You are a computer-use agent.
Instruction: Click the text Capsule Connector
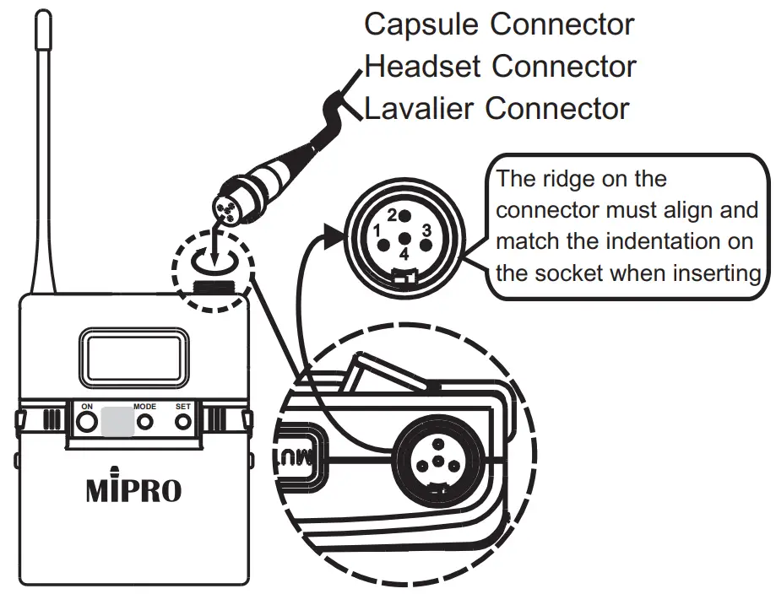pyautogui.click(x=498, y=24)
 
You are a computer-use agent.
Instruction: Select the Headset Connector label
pyautogui.click(x=500, y=66)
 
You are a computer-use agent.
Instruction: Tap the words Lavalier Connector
pyautogui.click(x=497, y=108)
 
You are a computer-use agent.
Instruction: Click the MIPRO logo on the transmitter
pyautogui.click(x=133, y=491)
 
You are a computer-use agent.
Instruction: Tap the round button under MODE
pyautogui.click(x=146, y=423)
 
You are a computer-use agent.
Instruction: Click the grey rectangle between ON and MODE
pyautogui.click(x=116, y=422)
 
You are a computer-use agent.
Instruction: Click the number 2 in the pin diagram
pyautogui.click(x=393, y=214)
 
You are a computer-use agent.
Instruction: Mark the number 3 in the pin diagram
pyautogui.click(x=427, y=229)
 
